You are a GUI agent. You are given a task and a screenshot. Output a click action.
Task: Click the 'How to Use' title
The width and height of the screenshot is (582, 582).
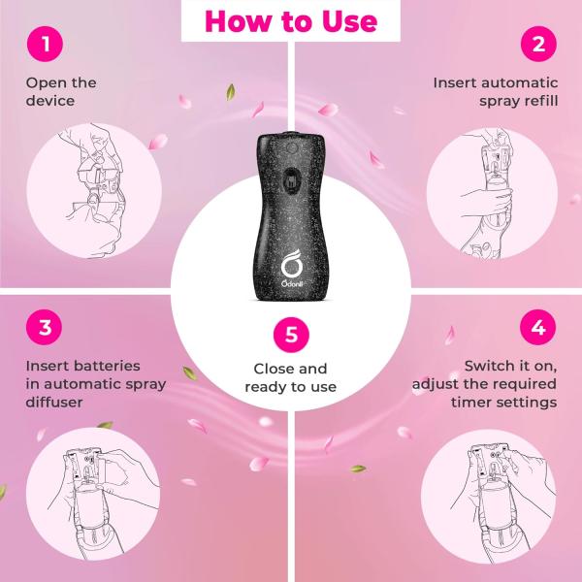point(291,21)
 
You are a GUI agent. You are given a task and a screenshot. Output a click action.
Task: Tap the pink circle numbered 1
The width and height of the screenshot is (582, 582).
point(45,44)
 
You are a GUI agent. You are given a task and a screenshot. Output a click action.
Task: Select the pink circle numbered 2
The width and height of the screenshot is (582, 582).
point(538,44)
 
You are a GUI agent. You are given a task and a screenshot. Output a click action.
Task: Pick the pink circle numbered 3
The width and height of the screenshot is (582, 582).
point(45,327)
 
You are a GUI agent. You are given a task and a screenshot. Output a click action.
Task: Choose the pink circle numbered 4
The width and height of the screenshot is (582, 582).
point(537,327)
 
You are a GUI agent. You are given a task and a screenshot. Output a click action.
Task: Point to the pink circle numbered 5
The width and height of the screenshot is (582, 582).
point(291,335)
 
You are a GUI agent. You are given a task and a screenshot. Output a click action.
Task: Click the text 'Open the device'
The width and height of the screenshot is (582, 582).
point(61,92)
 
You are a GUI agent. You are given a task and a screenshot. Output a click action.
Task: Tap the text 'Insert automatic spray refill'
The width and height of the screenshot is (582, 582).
point(496,92)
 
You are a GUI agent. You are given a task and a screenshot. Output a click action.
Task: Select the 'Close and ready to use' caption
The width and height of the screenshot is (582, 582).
point(291,378)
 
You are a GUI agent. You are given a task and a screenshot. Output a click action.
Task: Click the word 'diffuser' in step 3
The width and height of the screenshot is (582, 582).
point(54,402)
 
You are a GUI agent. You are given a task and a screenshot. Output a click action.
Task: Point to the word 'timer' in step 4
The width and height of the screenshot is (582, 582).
point(470,402)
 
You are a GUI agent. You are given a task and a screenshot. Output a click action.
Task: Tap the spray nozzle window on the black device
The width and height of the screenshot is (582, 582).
point(291,180)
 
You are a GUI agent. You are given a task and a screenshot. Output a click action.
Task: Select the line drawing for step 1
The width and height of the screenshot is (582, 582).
point(95,190)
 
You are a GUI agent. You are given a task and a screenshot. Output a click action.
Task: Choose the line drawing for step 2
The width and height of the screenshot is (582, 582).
point(487,193)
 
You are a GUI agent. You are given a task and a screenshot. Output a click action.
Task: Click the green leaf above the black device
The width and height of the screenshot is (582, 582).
point(231,92)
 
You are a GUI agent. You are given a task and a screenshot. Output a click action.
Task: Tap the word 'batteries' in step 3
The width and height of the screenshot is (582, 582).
point(109,366)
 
